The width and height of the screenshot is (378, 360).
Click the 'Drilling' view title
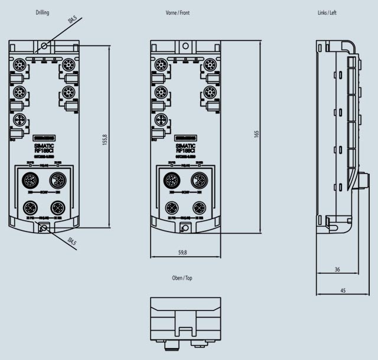click(42, 12)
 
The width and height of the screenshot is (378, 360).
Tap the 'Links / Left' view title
click(327, 12)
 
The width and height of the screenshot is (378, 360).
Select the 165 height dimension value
click(256, 134)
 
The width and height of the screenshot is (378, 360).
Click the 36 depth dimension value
click(337, 269)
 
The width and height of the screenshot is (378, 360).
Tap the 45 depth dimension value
click(343, 290)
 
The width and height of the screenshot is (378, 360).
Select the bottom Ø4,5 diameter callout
click(71, 241)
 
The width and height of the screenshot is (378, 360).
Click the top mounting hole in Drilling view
click(44, 45)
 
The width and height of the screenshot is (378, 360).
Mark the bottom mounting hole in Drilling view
click(44, 228)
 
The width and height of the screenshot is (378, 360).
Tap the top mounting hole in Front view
click(185, 45)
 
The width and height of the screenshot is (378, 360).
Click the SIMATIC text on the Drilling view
click(44, 145)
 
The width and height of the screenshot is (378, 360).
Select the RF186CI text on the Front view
click(185, 150)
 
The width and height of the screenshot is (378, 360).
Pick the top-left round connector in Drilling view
click(19, 64)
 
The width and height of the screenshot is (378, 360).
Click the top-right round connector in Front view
click(210, 64)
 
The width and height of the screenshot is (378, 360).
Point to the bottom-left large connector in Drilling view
click(30, 208)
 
